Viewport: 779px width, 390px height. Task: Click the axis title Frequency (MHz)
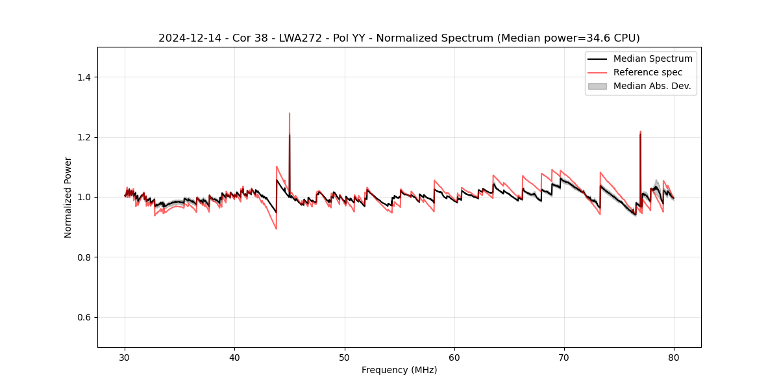(x=399, y=370)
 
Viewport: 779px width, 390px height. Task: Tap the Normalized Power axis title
(x=68, y=197)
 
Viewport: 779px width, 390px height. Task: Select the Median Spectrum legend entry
(x=652, y=58)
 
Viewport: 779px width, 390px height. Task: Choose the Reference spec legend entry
(x=647, y=72)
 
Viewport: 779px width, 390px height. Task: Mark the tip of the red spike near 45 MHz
(x=290, y=113)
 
